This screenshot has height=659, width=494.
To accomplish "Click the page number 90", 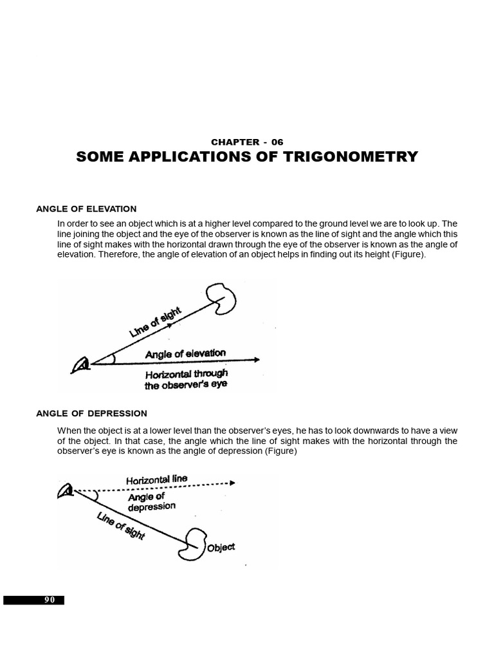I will click(x=50, y=600).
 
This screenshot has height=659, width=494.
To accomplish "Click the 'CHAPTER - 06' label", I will click(x=247, y=142).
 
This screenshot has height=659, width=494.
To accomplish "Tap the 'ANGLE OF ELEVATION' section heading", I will click(x=86, y=209).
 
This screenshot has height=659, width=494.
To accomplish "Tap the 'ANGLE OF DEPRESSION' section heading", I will click(x=91, y=413).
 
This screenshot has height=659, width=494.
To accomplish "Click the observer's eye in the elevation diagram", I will click(x=82, y=366).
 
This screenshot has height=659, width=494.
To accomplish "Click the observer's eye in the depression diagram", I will click(x=66, y=492).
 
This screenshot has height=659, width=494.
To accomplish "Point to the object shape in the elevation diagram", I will click(x=226, y=297).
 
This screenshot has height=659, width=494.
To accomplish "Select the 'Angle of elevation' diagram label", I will click(x=185, y=353).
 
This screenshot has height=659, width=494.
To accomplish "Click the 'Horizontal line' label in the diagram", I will click(x=157, y=480).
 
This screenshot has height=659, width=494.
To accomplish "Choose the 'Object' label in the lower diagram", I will click(x=221, y=548).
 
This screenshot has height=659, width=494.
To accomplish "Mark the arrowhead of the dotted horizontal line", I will click(x=232, y=482).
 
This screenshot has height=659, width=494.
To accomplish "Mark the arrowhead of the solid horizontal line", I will click(x=257, y=360).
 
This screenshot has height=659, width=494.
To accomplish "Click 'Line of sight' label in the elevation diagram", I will click(x=156, y=322).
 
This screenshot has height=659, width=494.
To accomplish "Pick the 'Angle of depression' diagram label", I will click(x=151, y=501).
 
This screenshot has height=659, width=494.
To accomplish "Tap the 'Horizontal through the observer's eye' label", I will click(x=186, y=380).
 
